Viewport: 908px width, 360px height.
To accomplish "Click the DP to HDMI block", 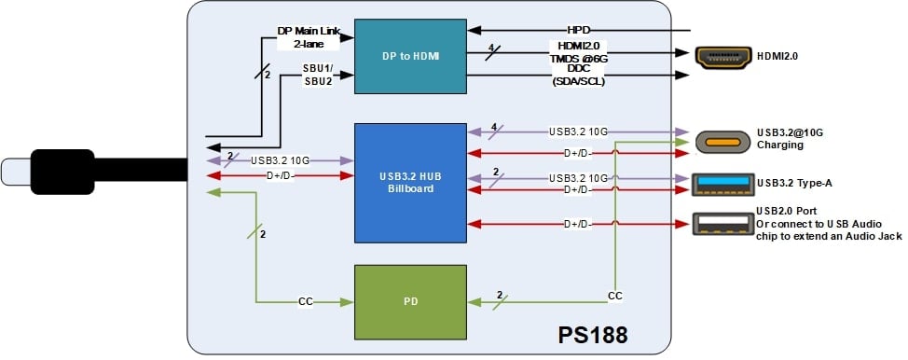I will [x=409, y=57].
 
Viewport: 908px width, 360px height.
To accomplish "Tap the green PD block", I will [x=409, y=301].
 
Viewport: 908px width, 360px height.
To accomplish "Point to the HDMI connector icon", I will [x=723, y=57].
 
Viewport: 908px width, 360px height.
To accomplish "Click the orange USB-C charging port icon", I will [x=723, y=142].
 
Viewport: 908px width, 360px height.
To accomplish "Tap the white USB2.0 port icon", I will [x=723, y=224].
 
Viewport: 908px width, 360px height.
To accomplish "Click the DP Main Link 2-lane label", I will [x=310, y=36].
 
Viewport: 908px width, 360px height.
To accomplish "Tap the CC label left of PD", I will [x=305, y=301].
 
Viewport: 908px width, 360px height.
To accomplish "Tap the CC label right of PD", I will [x=614, y=295].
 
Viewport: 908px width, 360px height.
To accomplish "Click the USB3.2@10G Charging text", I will [x=793, y=140].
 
